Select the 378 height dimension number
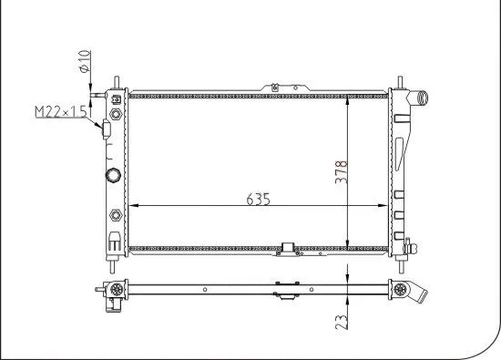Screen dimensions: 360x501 tap(341, 169)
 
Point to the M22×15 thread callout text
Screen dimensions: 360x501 tap(59, 111)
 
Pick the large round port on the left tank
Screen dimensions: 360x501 tap(114, 175)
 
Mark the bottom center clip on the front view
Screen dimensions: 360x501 tap(290, 249)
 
